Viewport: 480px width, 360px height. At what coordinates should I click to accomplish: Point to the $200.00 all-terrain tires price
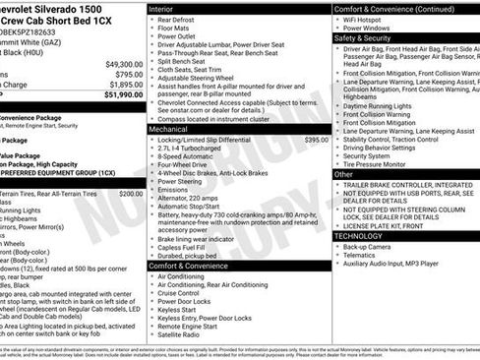[x=131, y=194]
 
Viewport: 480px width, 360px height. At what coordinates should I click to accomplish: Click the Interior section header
[x=166, y=8]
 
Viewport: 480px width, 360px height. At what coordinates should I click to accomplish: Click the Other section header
[x=344, y=174]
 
